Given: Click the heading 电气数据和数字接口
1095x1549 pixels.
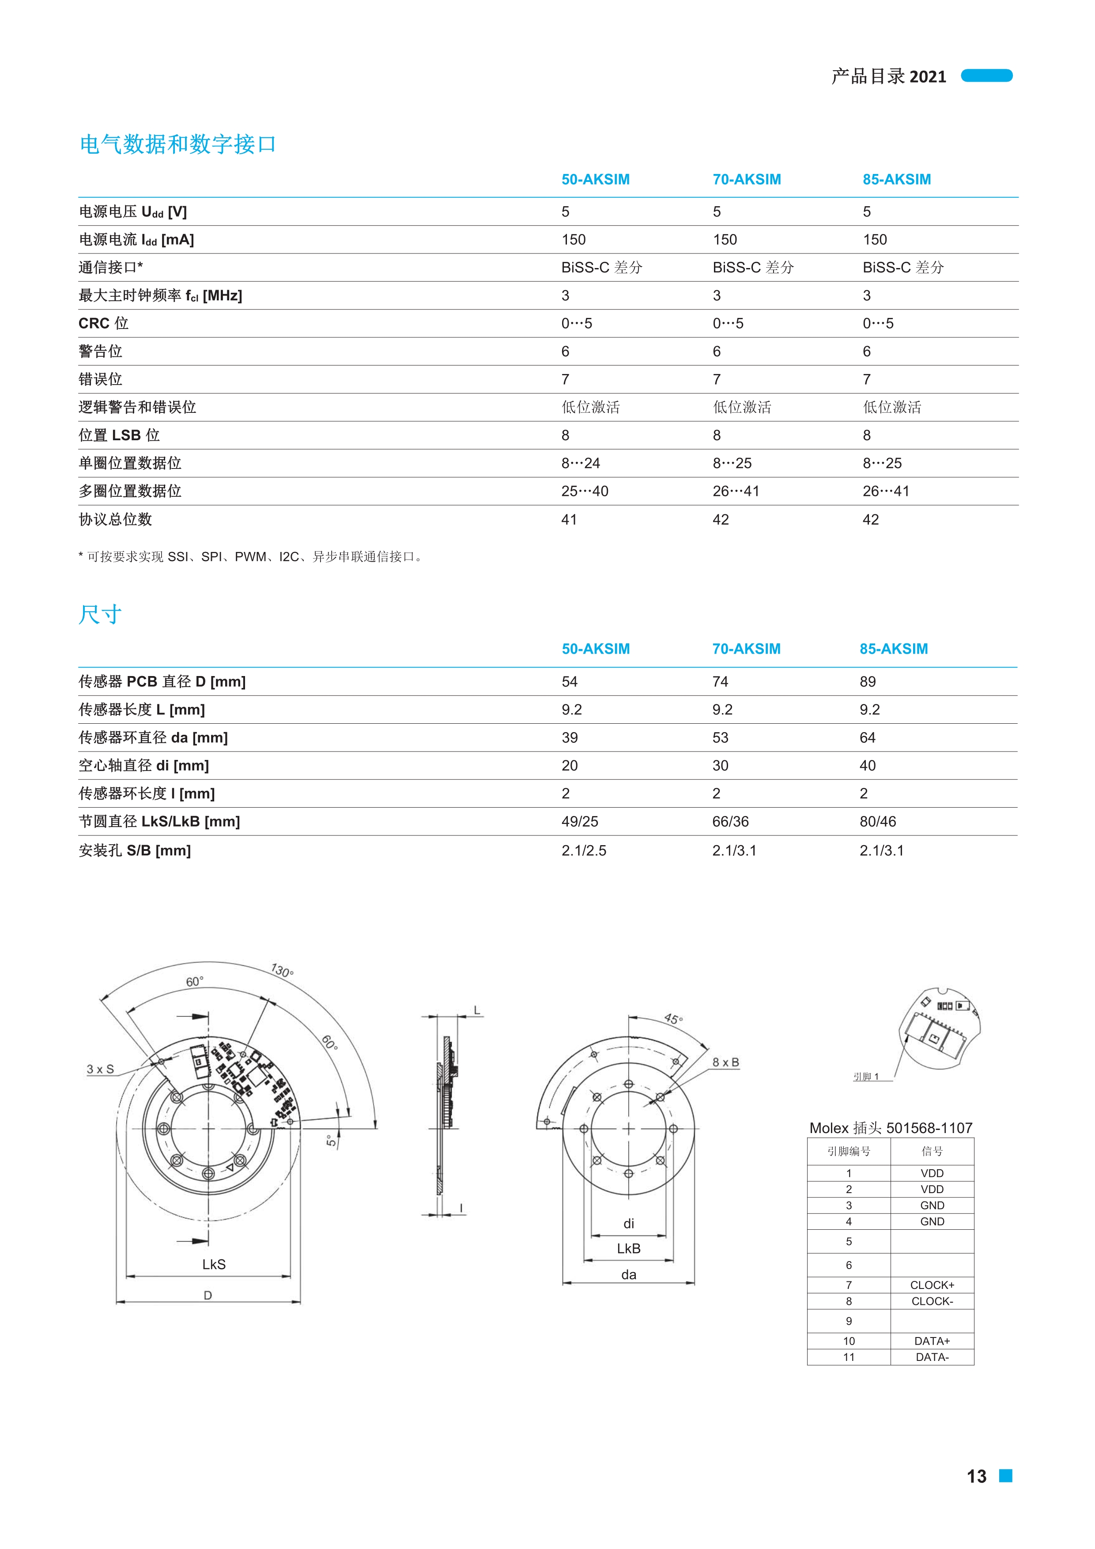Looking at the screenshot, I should click(177, 144).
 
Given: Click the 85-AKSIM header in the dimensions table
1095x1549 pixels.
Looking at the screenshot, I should click(893, 649).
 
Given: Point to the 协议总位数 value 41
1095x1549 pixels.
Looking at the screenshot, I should click(569, 519).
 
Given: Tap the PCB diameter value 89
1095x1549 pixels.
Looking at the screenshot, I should click(867, 682).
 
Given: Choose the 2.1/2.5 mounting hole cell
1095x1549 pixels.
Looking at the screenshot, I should click(584, 851).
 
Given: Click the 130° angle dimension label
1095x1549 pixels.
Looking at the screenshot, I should click(282, 971).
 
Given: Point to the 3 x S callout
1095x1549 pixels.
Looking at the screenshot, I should click(100, 1069).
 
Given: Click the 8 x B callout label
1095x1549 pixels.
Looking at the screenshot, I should click(725, 1062).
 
